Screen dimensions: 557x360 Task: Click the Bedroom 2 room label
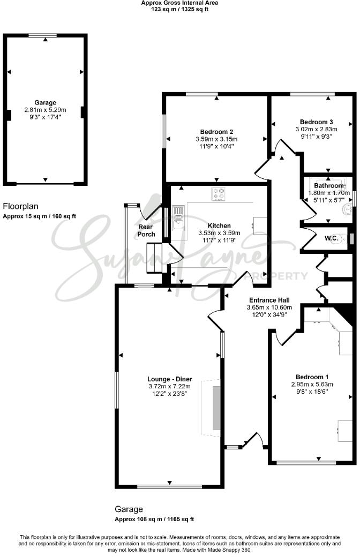tap(216, 132)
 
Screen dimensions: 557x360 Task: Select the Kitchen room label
tap(220, 225)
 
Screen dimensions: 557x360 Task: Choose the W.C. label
tap(331, 238)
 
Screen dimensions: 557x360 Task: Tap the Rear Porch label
tap(146, 230)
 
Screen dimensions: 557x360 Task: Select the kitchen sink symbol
tap(178, 217)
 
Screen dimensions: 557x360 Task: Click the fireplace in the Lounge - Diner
tap(216, 407)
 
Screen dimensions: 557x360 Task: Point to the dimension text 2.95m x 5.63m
tap(312, 384)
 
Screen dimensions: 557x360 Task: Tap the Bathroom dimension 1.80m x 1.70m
tap(327, 193)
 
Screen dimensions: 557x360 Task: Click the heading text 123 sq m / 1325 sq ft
tap(179, 9)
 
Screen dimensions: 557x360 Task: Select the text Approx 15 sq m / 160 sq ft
tap(40, 216)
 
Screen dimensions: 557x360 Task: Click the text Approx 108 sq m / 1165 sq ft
tap(154, 519)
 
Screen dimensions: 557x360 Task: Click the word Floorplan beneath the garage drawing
tap(21, 206)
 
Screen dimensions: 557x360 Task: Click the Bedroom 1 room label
tap(312, 377)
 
